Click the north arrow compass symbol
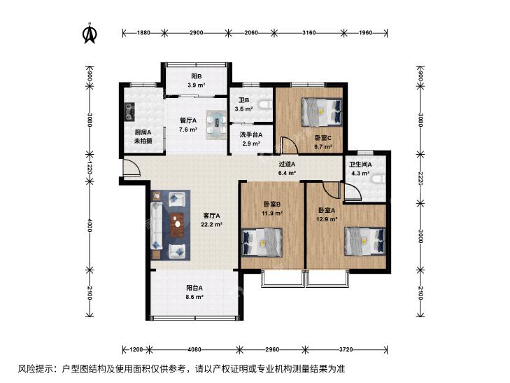(90, 33)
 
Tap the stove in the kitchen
(130, 111)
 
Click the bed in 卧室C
(322, 112)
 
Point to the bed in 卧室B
(262, 243)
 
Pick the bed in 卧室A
(365, 241)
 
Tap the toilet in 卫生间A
(380, 179)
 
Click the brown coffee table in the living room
(177, 225)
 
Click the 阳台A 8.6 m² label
(194, 292)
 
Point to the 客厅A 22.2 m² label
(211, 220)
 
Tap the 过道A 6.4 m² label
(287, 169)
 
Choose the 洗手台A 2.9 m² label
(250, 139)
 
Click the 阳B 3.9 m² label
(196, 81)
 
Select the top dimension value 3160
(309, 32)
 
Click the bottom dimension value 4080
(194, 349)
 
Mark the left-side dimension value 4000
(90, 225)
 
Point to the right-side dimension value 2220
(420, 179)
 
